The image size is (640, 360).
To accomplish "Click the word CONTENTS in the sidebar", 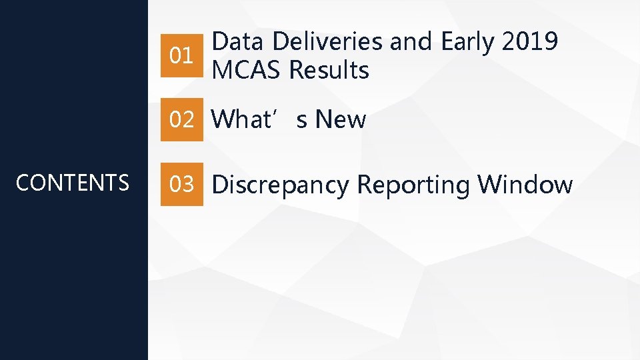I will (x=72, y=183).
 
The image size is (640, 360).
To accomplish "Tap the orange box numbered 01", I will (x=182, y=55).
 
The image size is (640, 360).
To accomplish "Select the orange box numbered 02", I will (x=182, y=120).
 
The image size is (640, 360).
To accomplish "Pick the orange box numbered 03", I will (x=182, y=184).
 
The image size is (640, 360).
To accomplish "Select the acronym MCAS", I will (x=247, y=69).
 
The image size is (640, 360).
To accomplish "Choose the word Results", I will (x=329, y=69).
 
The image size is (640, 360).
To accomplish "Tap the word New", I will (x=340, y=120).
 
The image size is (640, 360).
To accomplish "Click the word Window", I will (x=525, y=184).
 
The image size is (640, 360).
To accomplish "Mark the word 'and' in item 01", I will (x=411, y=42).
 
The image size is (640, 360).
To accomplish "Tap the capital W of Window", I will (x=489, y=184).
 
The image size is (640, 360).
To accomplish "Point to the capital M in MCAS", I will (x=221, y=69).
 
